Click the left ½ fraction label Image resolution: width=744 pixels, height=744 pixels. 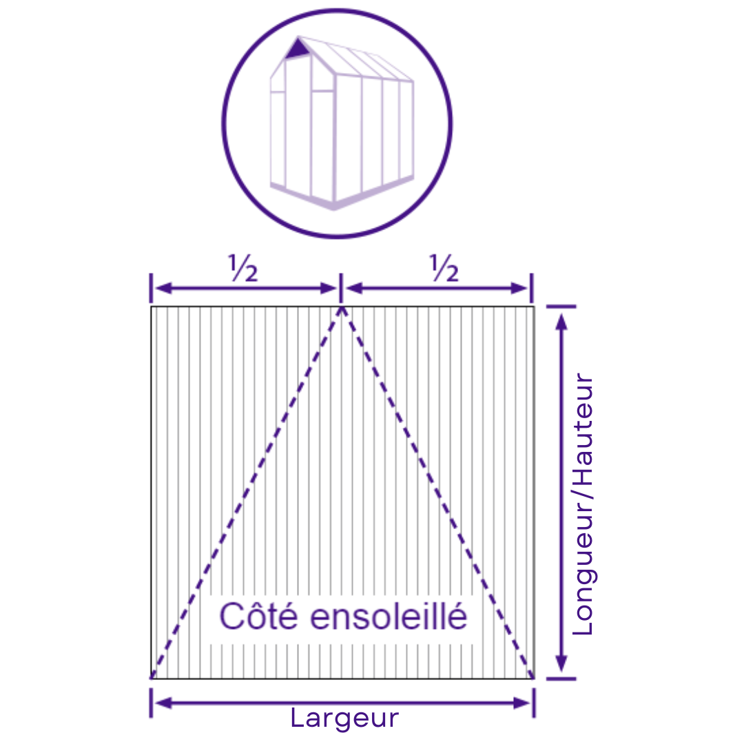tap(243, 268)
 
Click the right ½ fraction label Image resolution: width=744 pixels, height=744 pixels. tap(444, 268)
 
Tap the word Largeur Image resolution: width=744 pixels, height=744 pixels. tap(344, 719)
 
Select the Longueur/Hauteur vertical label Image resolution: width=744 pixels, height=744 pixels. tap(583, 504)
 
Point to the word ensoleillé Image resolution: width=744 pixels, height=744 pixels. tap(389, 616)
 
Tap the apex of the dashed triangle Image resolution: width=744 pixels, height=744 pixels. tap(341, 307)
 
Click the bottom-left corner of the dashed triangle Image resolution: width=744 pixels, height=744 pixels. tap(152, 678)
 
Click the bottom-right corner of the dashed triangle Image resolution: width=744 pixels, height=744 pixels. tap(533, 678)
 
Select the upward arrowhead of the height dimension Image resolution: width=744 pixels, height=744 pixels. tap(561, 322)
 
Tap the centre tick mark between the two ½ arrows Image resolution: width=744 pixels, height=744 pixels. tap(341, 288)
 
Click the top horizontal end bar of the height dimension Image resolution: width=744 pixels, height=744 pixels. tap(561, 307)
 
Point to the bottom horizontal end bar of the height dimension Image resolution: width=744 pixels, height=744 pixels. tap(561, 679)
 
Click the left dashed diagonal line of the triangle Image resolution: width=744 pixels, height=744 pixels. tap(246, 493)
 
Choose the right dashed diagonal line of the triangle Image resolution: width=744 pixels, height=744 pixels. tap(437, 493)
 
